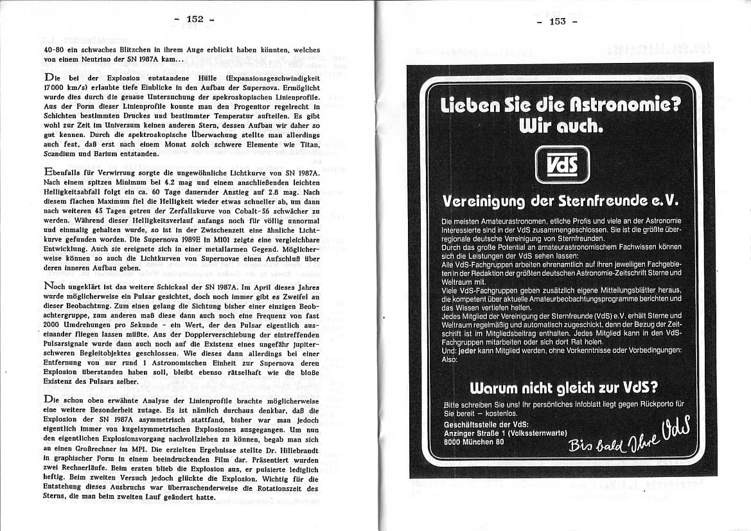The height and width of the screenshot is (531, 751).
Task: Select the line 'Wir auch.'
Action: tap(562, 127)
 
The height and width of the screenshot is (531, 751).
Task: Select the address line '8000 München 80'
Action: tap(474, 442)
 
